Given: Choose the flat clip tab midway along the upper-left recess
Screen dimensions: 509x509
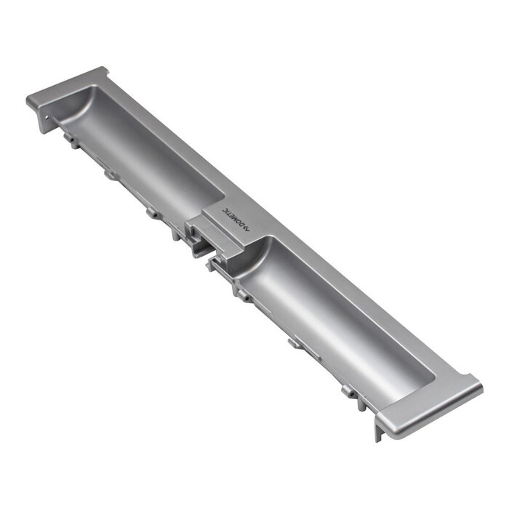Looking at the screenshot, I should coord(109,175).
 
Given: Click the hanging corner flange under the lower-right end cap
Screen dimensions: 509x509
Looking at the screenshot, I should coord(378,433).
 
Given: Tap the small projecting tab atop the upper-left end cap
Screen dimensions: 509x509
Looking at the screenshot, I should coord(103,71).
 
